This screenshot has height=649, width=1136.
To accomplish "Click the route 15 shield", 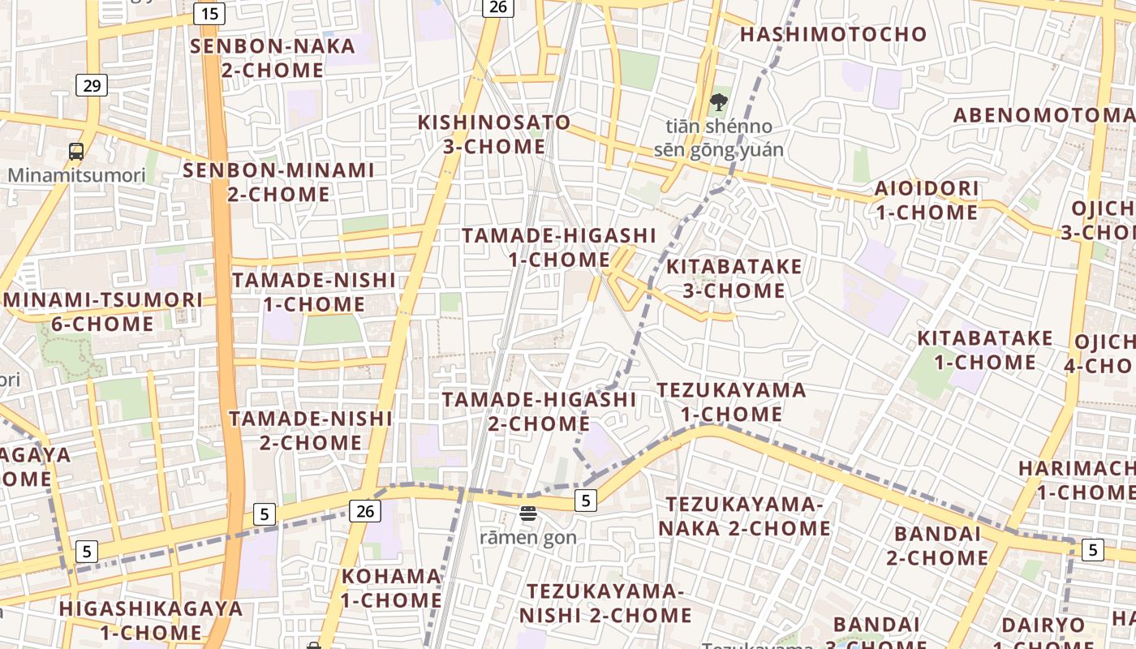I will point(210,14).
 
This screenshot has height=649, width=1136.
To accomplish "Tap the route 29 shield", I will point(92,84).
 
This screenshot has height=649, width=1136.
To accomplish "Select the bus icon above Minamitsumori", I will point(76,151).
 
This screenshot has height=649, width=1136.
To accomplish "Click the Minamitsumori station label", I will point(77,175).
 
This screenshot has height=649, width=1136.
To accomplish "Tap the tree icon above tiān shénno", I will point(718,102).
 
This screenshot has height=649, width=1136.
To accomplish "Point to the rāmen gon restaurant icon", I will point(528,513).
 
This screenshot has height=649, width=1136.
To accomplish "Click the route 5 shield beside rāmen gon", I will point(586,500).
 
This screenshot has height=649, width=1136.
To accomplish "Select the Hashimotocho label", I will point(833,34).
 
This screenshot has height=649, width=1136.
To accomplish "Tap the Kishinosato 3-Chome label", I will point(494,135).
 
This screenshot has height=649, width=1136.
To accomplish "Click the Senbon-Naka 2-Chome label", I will point(273,58).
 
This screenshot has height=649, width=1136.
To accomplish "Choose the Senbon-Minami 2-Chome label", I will point(278,183).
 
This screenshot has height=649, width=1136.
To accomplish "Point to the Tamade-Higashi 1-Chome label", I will point(559,247).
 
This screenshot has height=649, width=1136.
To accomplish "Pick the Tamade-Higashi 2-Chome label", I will point(539,411).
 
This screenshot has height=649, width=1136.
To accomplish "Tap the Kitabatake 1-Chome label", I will point(985,350).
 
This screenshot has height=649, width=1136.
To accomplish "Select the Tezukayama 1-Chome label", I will point(731,402).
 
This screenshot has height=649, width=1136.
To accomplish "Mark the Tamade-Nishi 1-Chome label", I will point(314,292).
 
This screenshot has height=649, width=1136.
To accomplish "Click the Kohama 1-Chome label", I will point(391,588).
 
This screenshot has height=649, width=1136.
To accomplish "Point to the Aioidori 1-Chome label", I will point(927,200).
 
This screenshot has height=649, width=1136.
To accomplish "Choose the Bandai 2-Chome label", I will point(937,546).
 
